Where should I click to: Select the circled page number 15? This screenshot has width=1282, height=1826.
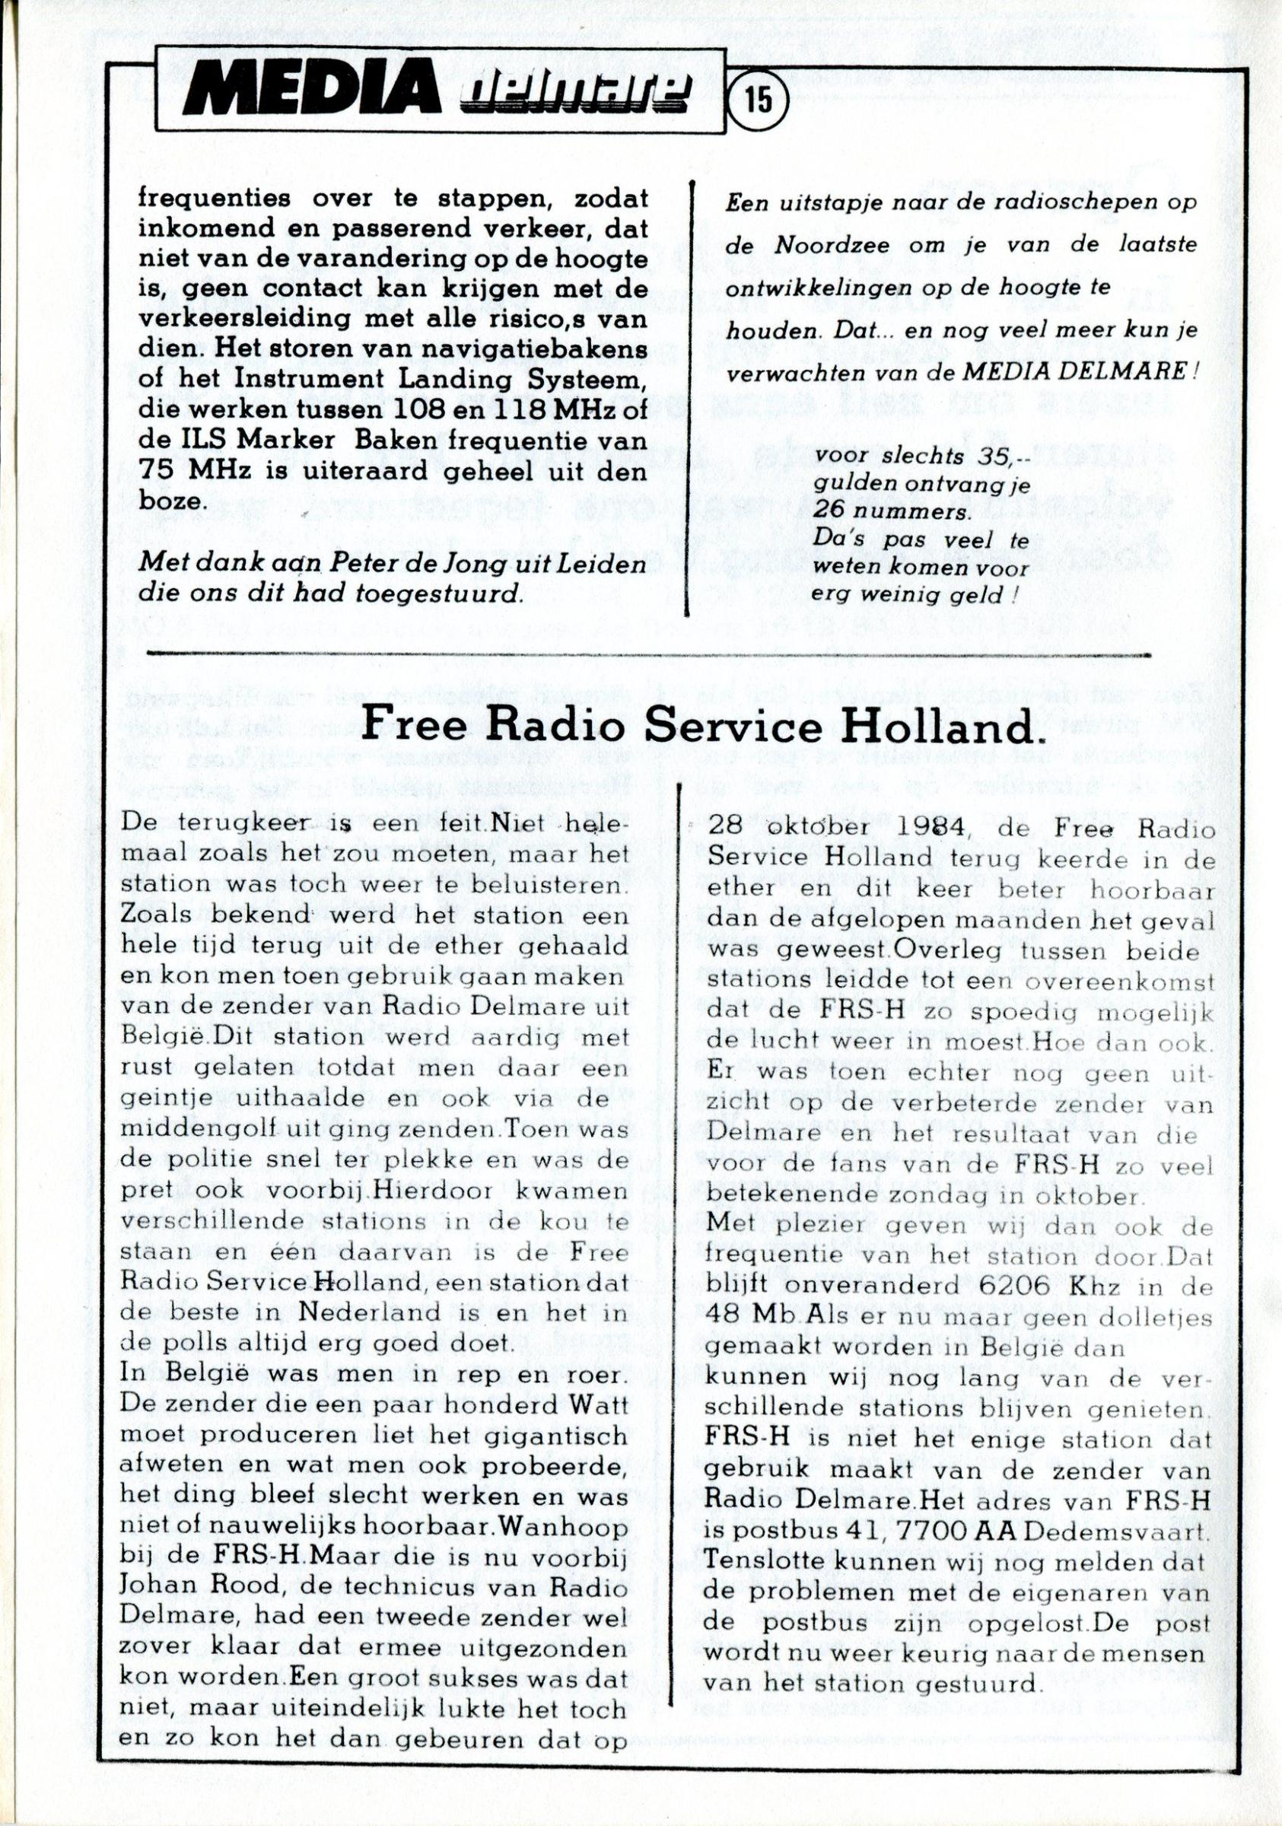(759, 103)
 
